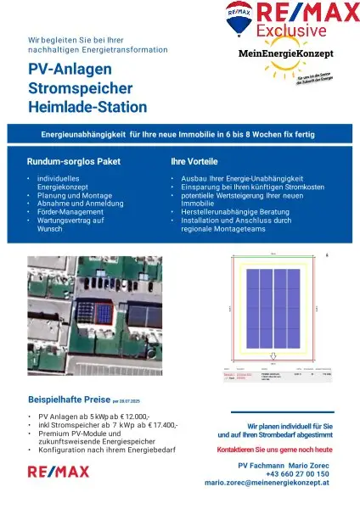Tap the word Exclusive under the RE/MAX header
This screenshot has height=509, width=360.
(x=293, y=31)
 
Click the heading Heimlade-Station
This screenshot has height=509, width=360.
(x=87, y=108)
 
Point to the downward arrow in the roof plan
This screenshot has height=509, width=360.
(x=272, y=355)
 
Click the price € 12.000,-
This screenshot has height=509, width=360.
(x=132, y=417)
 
